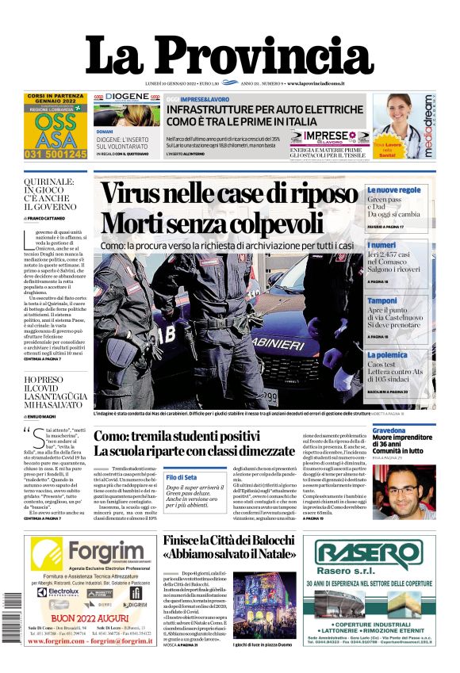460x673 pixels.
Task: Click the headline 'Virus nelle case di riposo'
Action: click(230, 193)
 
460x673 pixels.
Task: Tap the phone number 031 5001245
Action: click(56, 154)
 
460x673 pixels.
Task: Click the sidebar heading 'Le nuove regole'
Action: click(393, 190)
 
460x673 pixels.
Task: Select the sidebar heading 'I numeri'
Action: click(381, 246)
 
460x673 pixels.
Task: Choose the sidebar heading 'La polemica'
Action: click(387, 355)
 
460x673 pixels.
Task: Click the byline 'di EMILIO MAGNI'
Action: click(44, 416)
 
